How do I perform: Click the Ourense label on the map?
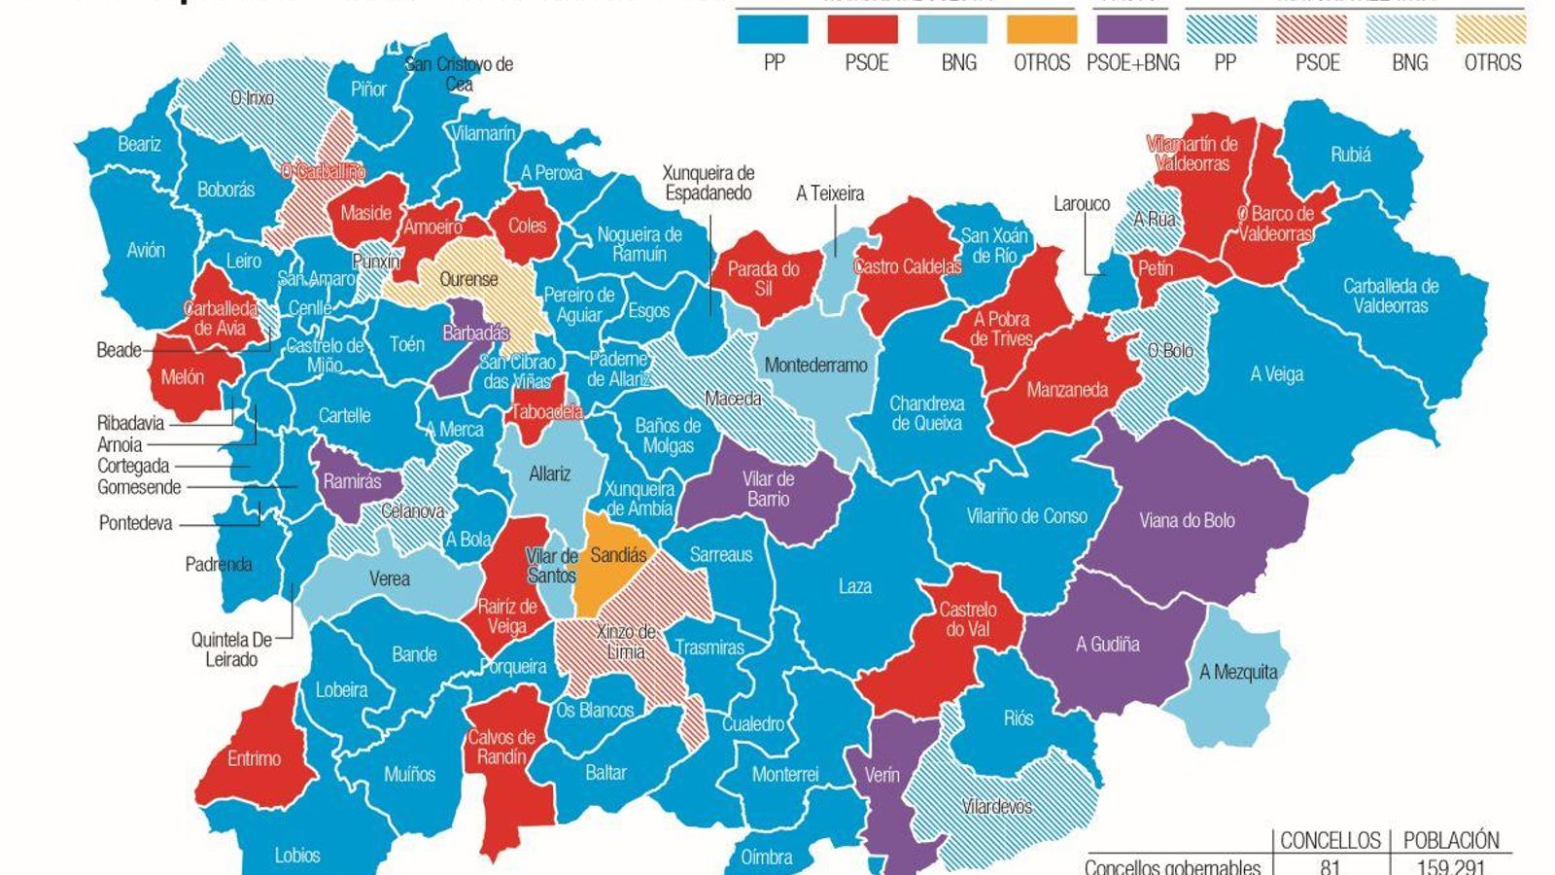pos(468,279)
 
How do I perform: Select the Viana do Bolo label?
pos(1187,520)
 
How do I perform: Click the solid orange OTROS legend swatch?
pos(1042,29)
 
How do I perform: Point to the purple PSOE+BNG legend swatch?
pos(1131,29)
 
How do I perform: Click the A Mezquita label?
pos(1238,672)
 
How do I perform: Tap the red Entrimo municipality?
pos(254,758)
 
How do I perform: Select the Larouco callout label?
pos(1081,204)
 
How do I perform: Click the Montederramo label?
pos(815,366)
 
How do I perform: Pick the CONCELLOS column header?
pos(1330,840)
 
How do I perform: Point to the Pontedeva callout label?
pos(135,523)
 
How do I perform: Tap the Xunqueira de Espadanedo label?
pos(708,183)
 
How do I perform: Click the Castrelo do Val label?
pos(967,619)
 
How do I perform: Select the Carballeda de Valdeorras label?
pos(1390,296)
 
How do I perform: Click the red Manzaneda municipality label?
pos(1067,390)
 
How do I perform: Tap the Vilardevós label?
pos(996,806)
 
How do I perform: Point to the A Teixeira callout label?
pos(829,193)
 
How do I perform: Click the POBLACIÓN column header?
pos(1451,840)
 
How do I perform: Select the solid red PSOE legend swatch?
pos(862,29)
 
